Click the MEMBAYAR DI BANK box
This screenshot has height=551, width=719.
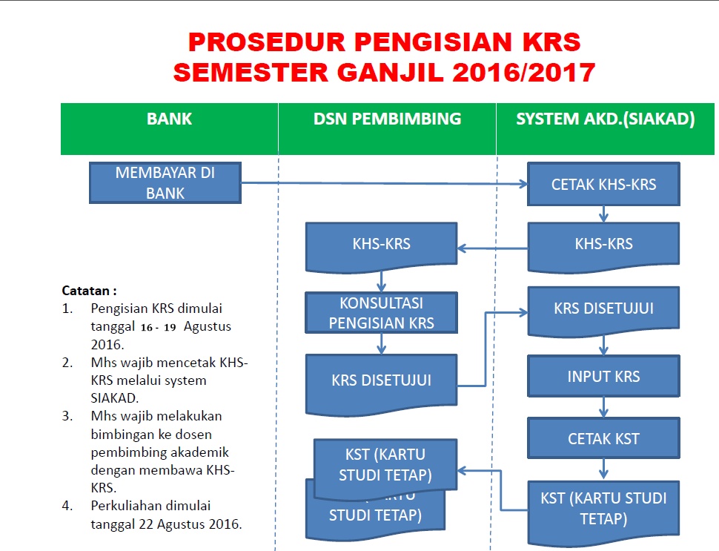point(165,182)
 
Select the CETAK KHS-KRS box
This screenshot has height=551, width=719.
point(603,185)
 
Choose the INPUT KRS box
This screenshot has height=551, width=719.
point(603,376)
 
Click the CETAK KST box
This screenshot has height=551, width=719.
point(603,439)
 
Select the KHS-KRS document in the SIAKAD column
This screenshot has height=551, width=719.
point(603,244)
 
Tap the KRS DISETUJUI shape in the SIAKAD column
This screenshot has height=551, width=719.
point(603,309)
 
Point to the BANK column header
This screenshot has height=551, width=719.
point(169,119)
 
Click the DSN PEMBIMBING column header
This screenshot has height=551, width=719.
point(387,119)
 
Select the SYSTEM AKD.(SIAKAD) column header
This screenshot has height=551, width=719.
point(606,119)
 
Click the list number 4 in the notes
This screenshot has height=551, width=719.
point(67,506)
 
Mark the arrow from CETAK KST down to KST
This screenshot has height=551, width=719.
point(603,469)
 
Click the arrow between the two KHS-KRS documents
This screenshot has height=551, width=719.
point(493,249)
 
